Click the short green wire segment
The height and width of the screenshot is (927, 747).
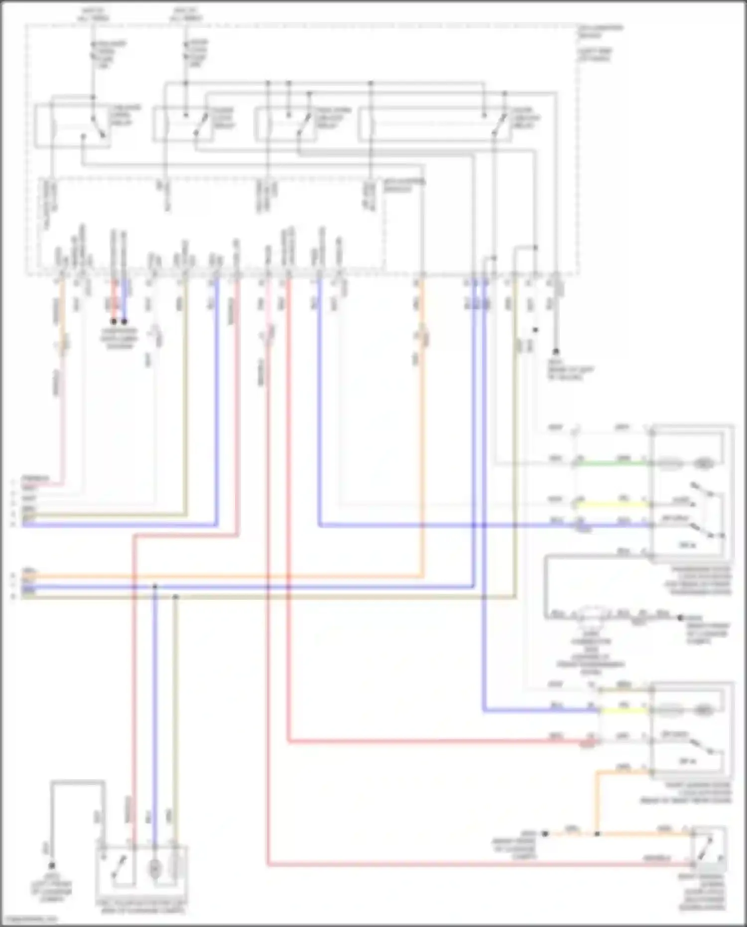613,463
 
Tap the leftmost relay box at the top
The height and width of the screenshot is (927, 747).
72,126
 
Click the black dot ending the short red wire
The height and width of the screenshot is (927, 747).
114,321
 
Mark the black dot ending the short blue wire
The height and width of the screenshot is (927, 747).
124,321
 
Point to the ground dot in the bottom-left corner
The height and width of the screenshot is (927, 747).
51,866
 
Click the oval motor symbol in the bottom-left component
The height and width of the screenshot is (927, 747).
154,868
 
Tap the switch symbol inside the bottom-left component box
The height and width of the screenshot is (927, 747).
118,868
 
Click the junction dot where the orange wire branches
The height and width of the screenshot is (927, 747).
597,833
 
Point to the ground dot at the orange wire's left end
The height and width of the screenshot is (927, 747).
545,833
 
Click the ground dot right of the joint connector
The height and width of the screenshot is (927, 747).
680,618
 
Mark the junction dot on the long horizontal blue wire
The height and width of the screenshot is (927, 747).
155,587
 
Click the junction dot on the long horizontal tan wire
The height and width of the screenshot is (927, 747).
175,596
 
